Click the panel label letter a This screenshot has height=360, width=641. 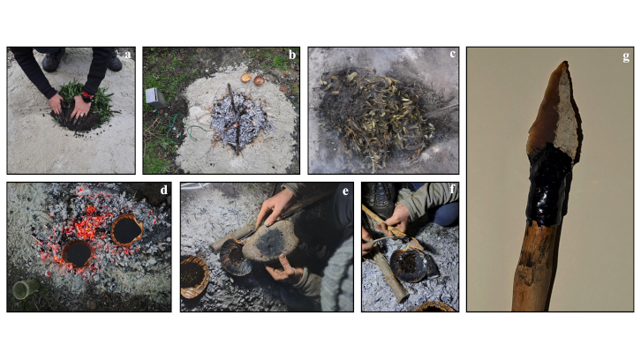[x=128, y=55]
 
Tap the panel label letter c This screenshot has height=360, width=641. [x=452, y=54]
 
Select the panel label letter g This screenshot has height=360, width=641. [x=626, y=56]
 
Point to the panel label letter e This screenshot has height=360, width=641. [x=346, y=191]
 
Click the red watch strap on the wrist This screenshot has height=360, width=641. [x=87, y=94]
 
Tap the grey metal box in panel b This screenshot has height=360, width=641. [x=155, y=98]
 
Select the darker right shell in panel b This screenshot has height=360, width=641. [x=259, y=80]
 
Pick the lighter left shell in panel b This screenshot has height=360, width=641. [x=245, y=78]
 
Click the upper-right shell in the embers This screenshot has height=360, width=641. [x=127, y=229]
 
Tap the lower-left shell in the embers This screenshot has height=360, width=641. [x=78, y=253]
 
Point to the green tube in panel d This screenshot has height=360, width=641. [x=26, y=289]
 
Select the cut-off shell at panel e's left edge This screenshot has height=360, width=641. [x=194, y=276]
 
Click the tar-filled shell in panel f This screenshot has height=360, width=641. [x=409, y=266]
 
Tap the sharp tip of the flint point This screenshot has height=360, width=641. [x=565, y=63]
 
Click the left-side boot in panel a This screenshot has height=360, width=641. [x=53, y=60]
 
